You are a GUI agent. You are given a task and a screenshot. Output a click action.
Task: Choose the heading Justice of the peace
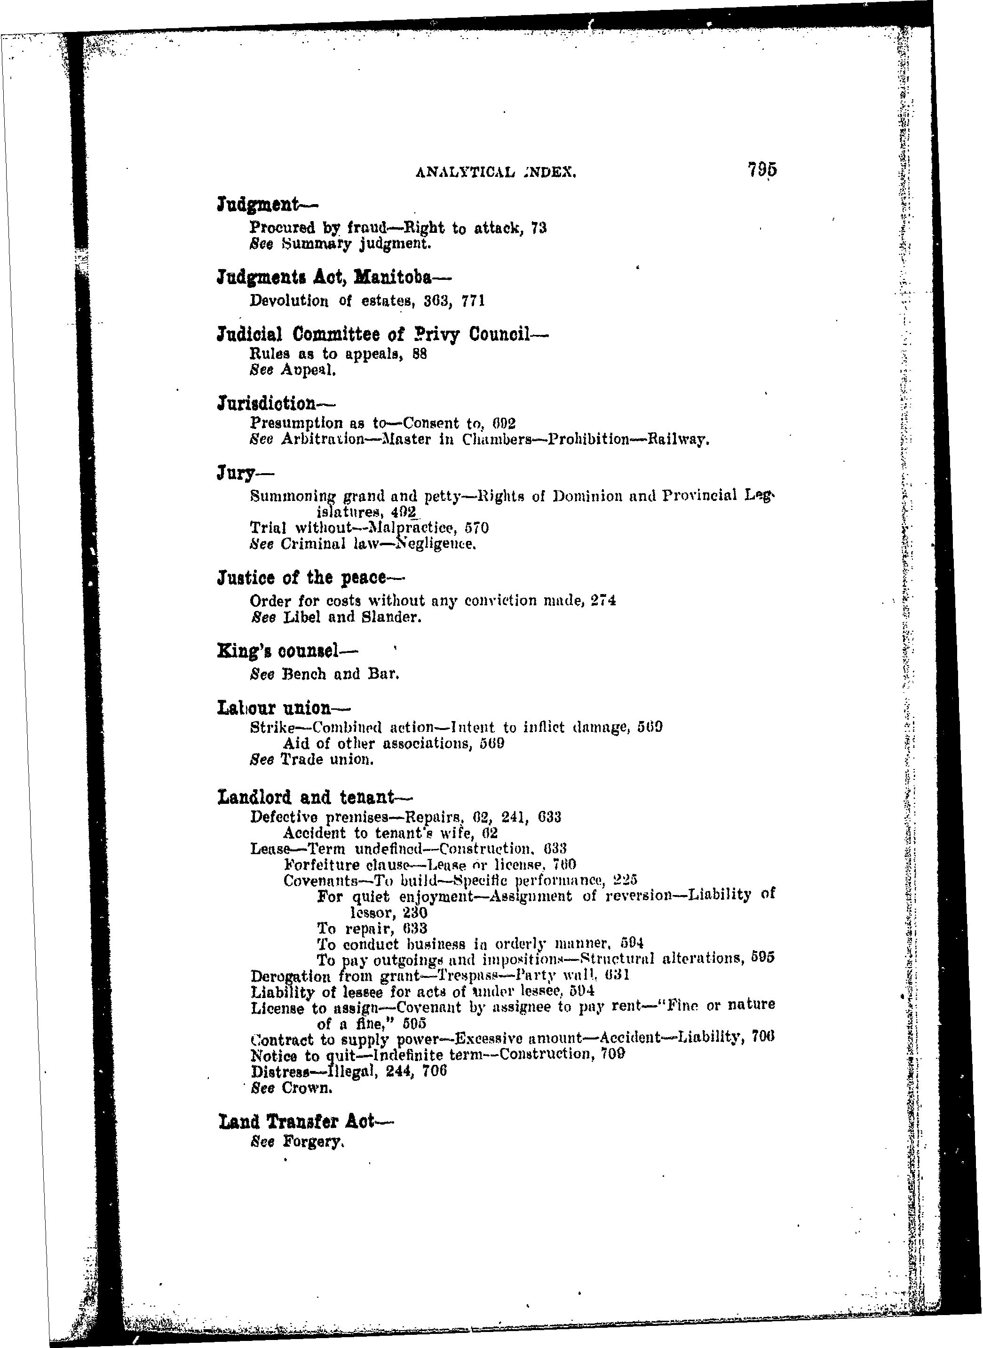coord(310,578)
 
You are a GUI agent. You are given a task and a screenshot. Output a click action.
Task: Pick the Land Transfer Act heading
coord(306,1121)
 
